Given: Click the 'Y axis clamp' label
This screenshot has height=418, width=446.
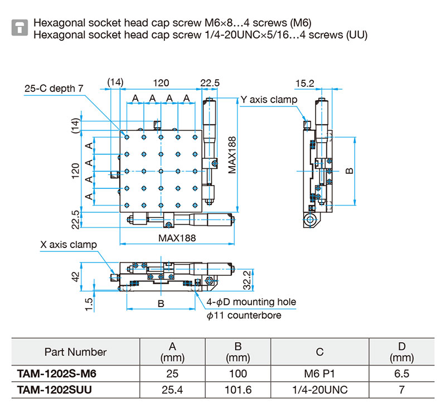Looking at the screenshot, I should pos(269,100).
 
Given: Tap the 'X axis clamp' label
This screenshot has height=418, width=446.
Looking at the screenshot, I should pos(69,244).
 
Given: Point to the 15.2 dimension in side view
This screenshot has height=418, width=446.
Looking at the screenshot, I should pos(305,84).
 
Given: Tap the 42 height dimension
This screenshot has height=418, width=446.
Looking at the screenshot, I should pos(75,278).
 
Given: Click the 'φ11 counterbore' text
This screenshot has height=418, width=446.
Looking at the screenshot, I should pos(244,315).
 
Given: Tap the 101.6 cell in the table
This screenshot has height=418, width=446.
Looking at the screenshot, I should pos(238,390).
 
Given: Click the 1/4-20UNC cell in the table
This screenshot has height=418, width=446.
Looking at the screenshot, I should pos(319,390).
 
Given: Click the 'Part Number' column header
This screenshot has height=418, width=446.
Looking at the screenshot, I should pos(75,352).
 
